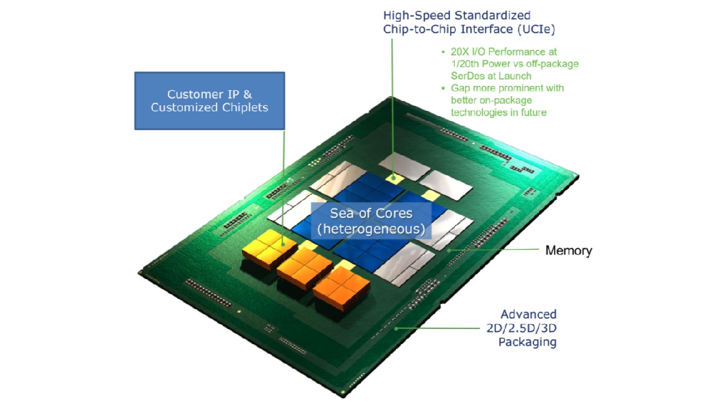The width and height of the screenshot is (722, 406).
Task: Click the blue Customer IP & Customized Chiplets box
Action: (209, 100)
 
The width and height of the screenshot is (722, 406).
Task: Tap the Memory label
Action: (568, 250)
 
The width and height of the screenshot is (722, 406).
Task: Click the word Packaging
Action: (527, 342)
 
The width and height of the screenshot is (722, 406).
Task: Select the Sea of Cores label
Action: (371, 214)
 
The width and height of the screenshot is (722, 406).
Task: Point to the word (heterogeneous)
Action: (371, 229)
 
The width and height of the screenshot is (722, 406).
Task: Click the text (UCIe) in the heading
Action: (535, 29)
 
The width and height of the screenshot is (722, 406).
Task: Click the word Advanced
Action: (529, 314)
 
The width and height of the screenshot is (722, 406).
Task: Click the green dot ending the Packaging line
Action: (396, 328)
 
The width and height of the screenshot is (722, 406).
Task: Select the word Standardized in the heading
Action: (501, 15)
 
